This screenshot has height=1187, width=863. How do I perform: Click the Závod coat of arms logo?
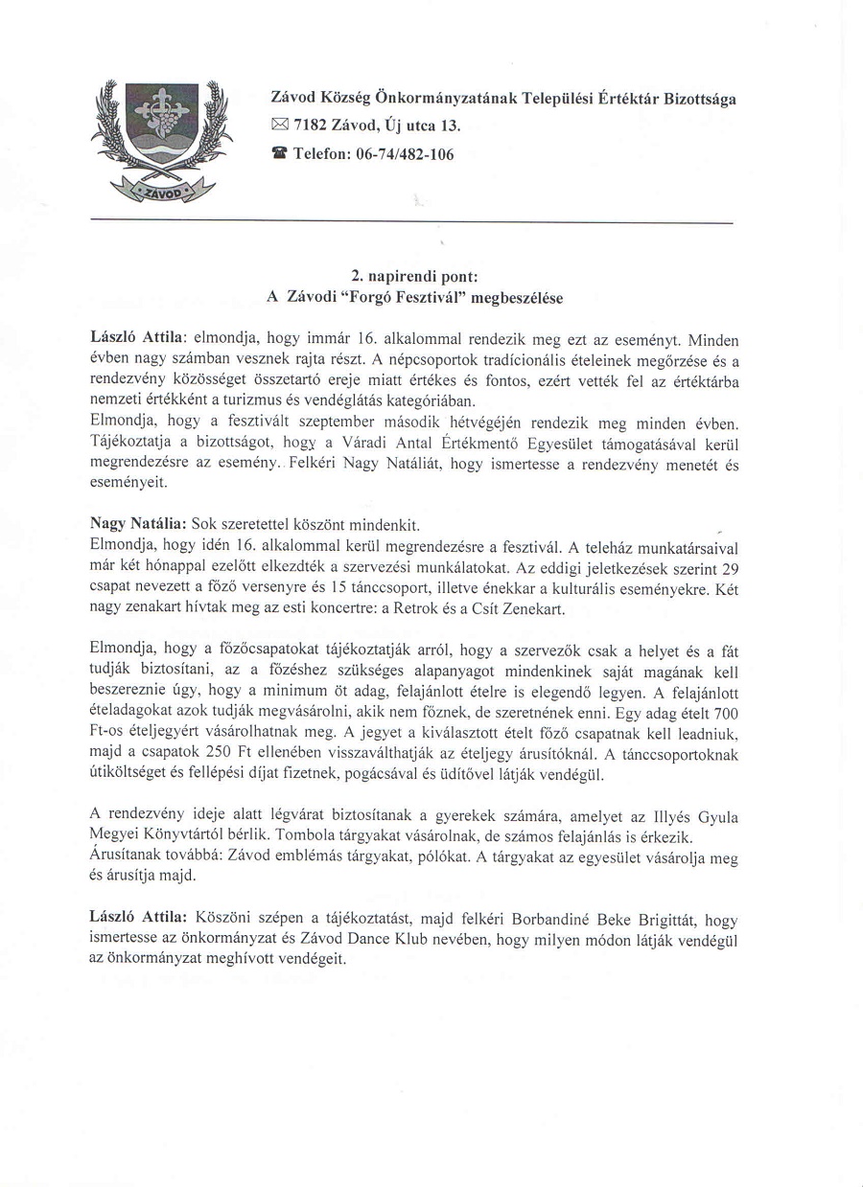tap(161, 137)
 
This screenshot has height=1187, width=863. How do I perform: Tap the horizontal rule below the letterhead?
tap(410, 222)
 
